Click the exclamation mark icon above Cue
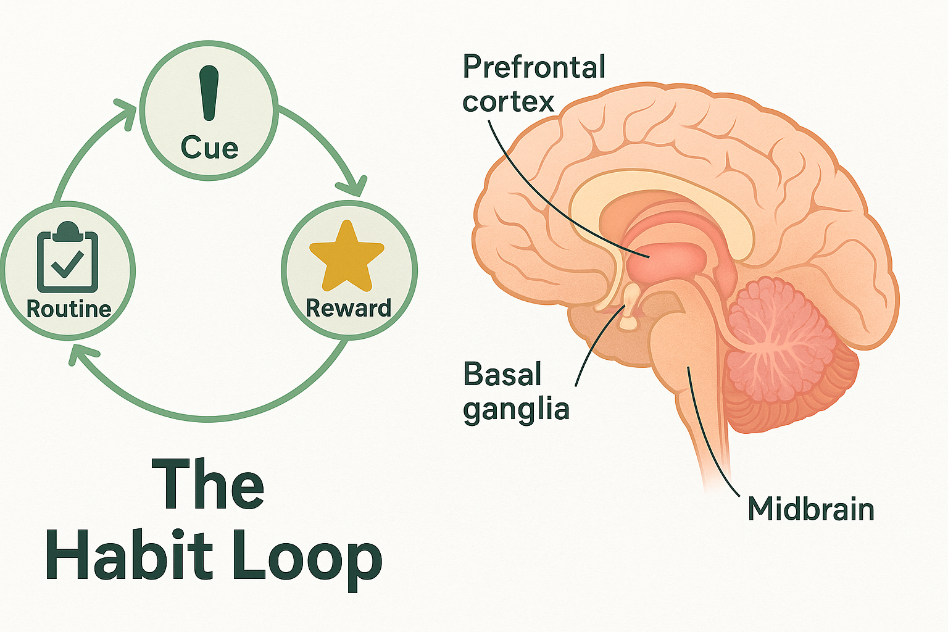[210, 93]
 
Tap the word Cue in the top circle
[210, 148]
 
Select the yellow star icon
[347, 257]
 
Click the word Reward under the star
[349, 308]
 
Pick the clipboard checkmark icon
[68, 259]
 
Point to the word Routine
[69, 309]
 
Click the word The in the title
[208, 485]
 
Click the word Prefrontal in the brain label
[534, 67]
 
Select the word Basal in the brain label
[502, 375]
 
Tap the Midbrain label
[811, 510]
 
